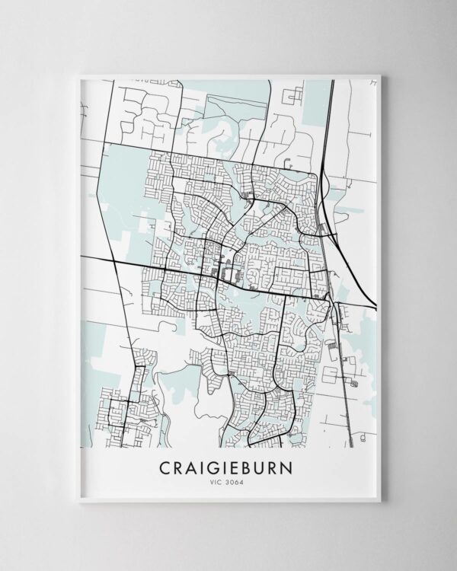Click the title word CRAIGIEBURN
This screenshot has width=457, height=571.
pyautogui.click(x=228, y=465)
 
